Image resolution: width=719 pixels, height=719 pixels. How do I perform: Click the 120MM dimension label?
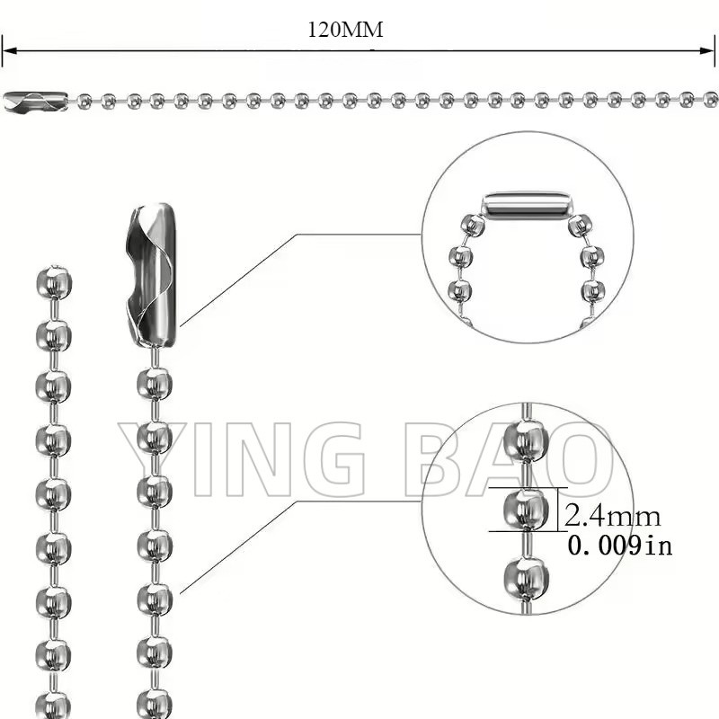click(x=345, y=30)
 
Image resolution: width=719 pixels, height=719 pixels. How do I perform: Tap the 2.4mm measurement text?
click(x=613, y=516)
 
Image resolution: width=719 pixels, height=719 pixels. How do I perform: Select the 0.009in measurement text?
click(x=620, y=546)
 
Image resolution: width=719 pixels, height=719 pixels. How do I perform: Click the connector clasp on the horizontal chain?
click(x=36, y=102)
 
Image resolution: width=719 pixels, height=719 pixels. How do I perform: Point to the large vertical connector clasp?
click(x=150, y=275)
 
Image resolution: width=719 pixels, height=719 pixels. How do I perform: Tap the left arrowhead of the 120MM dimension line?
click(x=9, y=50)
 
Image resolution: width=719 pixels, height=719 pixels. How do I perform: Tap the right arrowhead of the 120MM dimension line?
click(x=707, y=50)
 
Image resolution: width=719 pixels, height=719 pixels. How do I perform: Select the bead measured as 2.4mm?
click(x=526, y=509)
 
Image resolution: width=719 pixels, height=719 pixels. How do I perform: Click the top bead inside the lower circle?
click(x=526, y=440)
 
